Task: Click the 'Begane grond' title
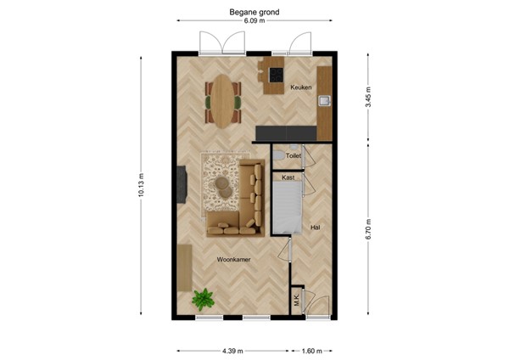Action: pos(255,13)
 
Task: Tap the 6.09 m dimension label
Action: pos(255,23)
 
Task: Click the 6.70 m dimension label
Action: pos(366,230)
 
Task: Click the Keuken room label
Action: pos(301,87)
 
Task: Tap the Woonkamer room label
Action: pos(232,260)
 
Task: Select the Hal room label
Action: pos(315,228)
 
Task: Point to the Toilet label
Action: pos(294,157)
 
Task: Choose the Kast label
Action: pos(288,177)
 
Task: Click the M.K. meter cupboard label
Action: pos(297,299)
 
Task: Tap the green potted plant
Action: pos(203,299)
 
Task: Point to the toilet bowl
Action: pos(279,157)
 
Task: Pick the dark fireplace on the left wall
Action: pos(182,186)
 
